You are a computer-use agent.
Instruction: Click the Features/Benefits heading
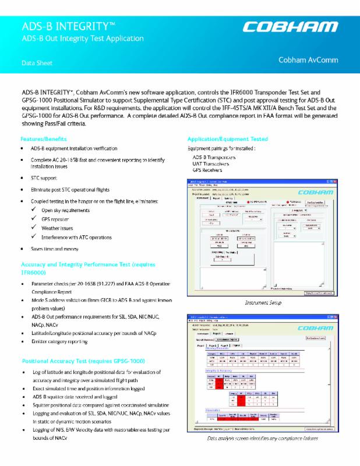coord(47,139)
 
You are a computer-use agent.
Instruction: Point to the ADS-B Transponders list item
coord(214,157)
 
